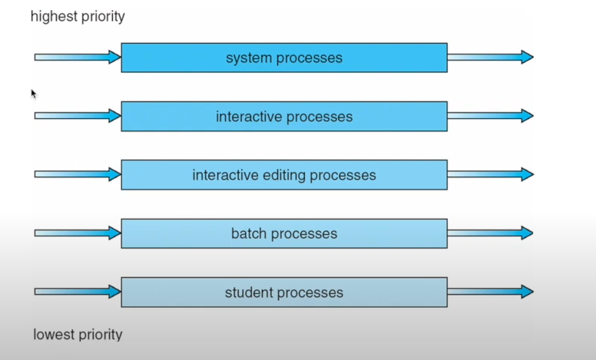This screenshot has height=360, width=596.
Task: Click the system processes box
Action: coord(284,58)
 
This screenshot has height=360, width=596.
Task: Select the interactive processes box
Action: coord(284,116)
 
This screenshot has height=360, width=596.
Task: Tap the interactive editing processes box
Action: coord(284,175)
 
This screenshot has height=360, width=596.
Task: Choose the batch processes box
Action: coord(284,233)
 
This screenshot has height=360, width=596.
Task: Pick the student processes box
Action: coord(284,292)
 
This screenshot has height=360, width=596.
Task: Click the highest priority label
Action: coord(78,17)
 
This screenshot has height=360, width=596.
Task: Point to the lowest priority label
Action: coord(78,335)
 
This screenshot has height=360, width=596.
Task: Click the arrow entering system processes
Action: coord(78,57)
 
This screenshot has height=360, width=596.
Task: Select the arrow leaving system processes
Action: coord(491,57)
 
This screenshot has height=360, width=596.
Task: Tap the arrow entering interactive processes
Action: coord(78,115)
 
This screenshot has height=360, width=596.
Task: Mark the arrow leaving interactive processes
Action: coord(491,115)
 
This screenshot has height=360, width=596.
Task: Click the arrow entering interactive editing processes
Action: coord(78,174)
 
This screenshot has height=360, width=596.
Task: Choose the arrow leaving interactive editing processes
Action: coord(491,174)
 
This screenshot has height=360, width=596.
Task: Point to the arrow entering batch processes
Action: coord(78,233)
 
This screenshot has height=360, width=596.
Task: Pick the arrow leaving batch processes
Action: coord(491,233)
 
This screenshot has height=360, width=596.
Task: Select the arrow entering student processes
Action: coord(78,292)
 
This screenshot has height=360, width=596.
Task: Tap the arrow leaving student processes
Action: coord(491,292)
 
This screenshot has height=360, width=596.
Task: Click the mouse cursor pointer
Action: coord(34,94)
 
